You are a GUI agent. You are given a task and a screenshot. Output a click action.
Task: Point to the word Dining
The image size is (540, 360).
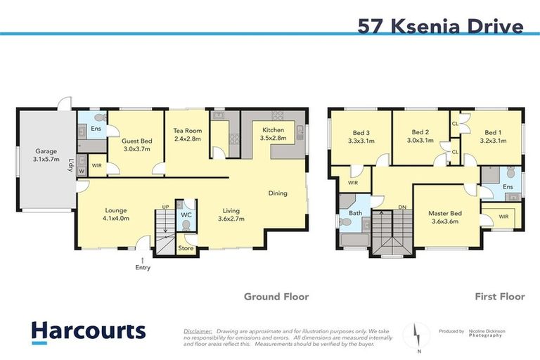280,193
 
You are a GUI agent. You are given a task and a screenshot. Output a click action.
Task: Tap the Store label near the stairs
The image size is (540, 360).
186,247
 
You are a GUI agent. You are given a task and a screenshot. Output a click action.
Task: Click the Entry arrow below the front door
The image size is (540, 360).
143,260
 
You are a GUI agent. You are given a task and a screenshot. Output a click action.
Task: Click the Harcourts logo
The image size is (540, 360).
88,331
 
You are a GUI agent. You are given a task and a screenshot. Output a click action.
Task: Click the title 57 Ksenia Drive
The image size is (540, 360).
440,26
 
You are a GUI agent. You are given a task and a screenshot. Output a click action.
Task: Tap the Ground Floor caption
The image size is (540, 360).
276,297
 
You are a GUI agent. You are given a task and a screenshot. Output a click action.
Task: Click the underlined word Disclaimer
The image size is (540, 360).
198,330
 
